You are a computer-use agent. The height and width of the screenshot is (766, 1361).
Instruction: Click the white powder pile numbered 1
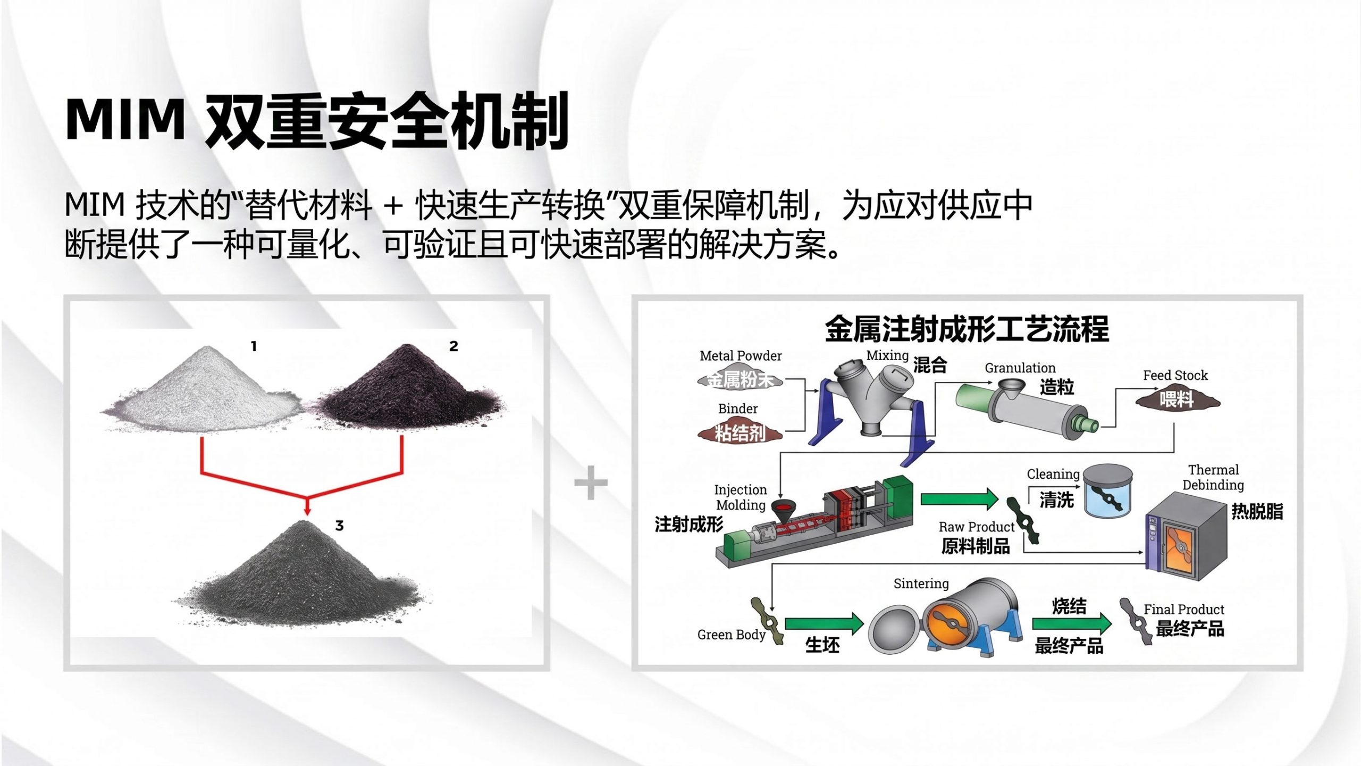[202, 391]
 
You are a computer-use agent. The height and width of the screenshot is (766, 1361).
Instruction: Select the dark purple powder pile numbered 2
[407, 388]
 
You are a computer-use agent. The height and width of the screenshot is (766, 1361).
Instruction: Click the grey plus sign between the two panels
[591, 483]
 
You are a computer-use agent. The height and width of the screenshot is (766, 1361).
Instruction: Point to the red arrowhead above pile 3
[307, 508]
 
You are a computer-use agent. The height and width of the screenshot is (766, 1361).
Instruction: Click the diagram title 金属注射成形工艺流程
[967, 329]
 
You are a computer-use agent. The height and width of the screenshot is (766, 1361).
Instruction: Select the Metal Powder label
[741, 356]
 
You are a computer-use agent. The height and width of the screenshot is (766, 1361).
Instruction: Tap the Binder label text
[738, 409]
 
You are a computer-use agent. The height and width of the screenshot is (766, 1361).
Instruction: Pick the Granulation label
[1020, 368]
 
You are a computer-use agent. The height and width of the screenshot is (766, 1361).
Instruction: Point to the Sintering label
[921, 584]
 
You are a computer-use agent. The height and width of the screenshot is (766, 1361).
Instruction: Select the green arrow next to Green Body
[824, 623]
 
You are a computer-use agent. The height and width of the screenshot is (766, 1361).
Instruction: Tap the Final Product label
[1184, 609]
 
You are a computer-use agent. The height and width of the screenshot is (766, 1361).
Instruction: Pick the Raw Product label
[977, 527]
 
